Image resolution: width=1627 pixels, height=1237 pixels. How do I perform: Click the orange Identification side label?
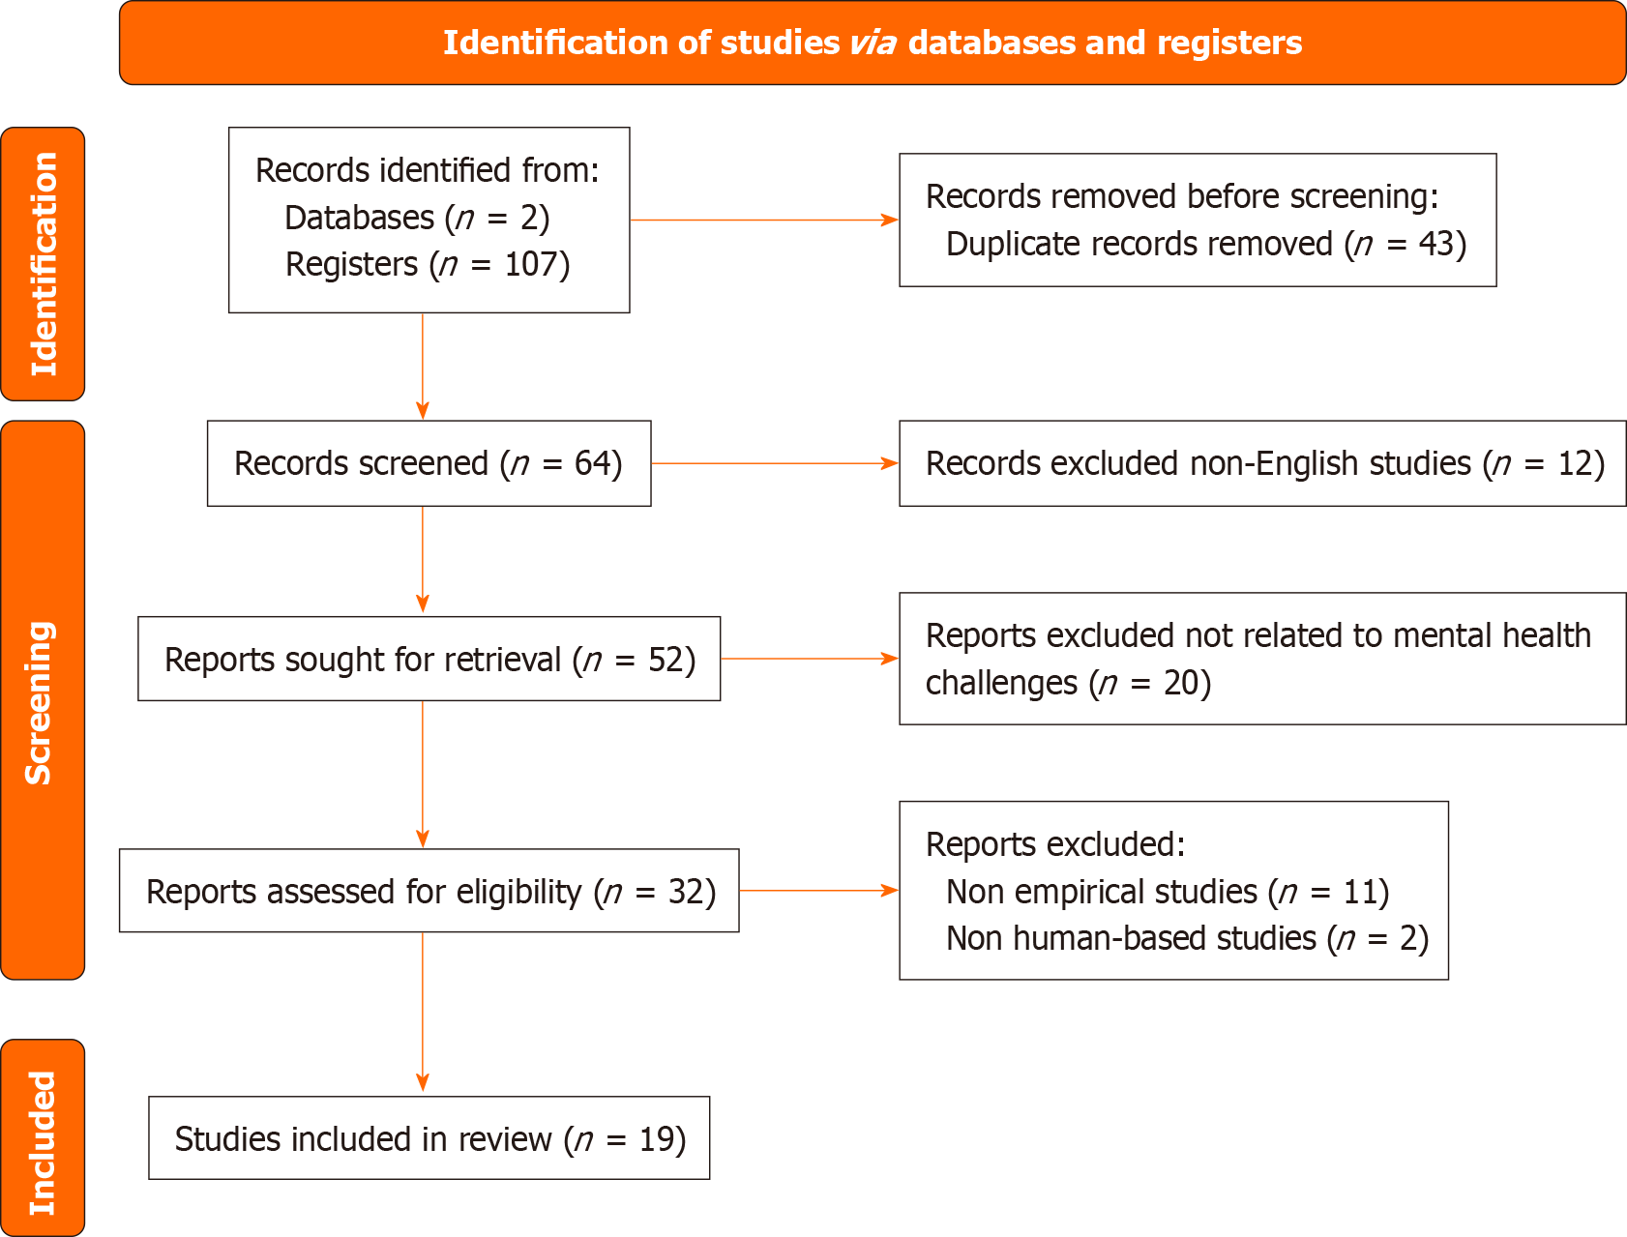[43, 264]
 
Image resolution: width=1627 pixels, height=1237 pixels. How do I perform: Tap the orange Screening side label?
[43, 701]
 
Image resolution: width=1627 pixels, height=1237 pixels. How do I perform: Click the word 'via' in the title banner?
[873, 44]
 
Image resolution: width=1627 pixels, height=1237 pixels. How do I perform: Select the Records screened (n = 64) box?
[429, 463]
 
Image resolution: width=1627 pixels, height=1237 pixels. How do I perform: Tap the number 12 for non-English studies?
[1575, 463]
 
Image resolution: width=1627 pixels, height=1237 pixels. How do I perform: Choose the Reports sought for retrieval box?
[429, 660]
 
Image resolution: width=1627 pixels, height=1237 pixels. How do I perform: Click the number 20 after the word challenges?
[1180, 683]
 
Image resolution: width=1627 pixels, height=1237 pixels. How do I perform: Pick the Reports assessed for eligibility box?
[429, 891]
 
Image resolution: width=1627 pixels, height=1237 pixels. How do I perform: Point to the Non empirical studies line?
[1167, 891]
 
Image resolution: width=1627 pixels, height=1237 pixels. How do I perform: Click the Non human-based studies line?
[1186, 938]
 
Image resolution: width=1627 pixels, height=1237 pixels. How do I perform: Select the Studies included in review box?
[429, 1138]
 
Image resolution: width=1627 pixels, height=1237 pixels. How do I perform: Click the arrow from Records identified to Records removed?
[763, 221]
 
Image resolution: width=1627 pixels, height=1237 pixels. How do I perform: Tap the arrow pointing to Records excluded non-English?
[774, 463]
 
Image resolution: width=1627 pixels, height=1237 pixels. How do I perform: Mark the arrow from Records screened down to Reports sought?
[423, 561]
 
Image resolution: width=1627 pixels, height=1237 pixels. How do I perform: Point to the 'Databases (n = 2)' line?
[417, 218]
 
